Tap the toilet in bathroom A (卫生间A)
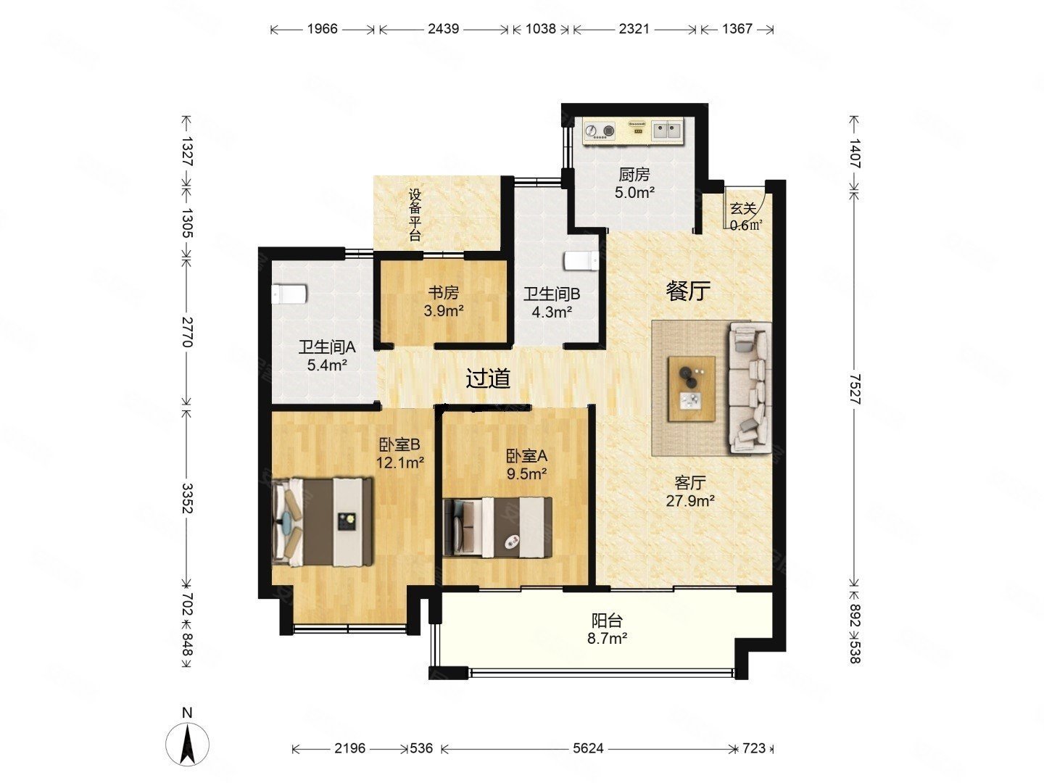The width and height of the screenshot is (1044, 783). (x=289, y=294)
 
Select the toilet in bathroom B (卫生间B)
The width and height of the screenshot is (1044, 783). (x=581, y=260)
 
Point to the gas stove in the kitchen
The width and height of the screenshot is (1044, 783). (x=600, y=130)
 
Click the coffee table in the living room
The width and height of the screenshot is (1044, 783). (x=692, y=389)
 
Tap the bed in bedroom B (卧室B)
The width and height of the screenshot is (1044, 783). (x=322, y=522)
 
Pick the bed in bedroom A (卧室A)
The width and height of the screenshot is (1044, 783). (x=497, y=527)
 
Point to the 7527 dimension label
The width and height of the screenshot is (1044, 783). (x=855, y=389)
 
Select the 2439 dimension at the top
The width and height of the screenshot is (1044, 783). (x=443, y=29)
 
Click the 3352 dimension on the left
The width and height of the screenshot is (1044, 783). (x=187, y=498)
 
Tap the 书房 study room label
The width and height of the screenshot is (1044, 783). (x=443, y=292)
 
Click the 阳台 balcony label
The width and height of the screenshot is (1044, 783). (x=607, y=621)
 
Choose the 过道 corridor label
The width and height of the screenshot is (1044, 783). (x=488, y=379)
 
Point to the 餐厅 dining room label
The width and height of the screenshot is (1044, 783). (x=688, y=291)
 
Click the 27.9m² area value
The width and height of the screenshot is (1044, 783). (x=690, y=500)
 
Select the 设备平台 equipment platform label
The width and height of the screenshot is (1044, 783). (x=415, y=215)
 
